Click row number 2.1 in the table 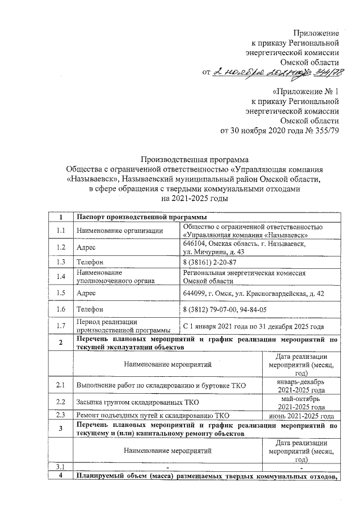[61, 385]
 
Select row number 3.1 [61, 467]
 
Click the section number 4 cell [61, 477]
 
